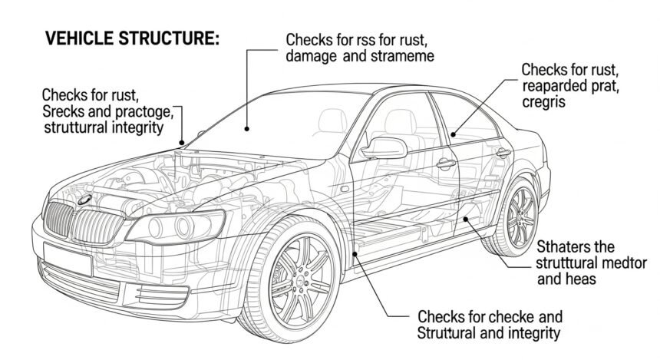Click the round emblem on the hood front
pyautogui.click(x=84, y=199)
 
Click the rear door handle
pyautogui.click(x=503, y=153)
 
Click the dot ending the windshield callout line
pyautogui.click(x=247, y=130)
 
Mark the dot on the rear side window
pyautogui.click(x=453, y=135)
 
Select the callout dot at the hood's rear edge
pyautogui.click(x=182, y=143)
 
